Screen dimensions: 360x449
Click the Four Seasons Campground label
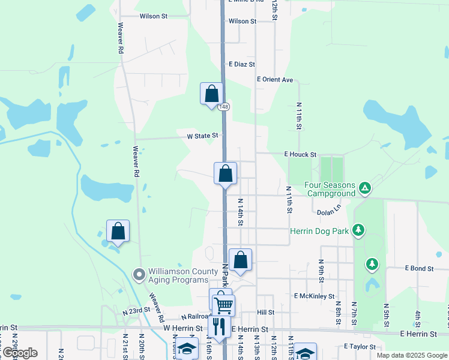click(x=330, y=190)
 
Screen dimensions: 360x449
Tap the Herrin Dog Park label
click(x=319, y=231)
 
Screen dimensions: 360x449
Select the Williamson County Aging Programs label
click(x=184, y=276)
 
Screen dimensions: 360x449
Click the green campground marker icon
click(x=364, y=189)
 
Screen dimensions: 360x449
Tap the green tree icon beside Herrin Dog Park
click(x=358, y=230)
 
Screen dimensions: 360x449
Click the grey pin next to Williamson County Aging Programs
click(x=139, y=275)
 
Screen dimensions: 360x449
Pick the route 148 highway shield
click(x=223, y=107)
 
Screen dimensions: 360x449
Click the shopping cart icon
click(x=223, y=305)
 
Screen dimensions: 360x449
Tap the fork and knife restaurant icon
click(x=218, y=326)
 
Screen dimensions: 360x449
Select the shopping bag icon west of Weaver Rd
click(x=118, y=231)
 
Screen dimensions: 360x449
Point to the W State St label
click(x=202, y=136)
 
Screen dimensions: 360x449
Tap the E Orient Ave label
click(x=275, y=79)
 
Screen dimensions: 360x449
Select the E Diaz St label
click(x=242, y=64)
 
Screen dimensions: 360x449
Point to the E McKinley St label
click(x=314, y=296)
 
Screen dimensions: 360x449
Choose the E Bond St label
click(x=419, y=268)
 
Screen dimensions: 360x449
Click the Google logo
click(x=19, y=352)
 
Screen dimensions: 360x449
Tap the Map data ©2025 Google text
click(x=412, y=355)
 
